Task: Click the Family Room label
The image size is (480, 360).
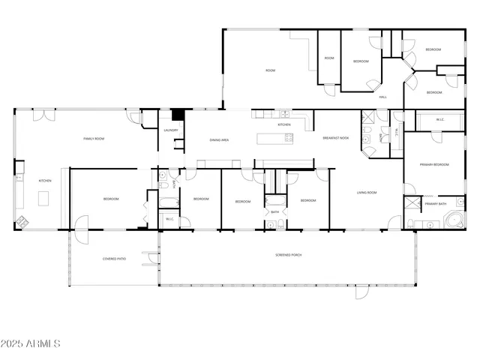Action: point(93,139)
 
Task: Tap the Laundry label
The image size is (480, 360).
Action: point(170,130)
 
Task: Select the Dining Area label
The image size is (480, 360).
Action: point(219,140)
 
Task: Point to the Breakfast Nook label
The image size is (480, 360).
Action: point(335,138)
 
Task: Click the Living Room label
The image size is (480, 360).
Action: point(367,193)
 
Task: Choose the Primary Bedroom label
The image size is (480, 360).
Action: point(433,164)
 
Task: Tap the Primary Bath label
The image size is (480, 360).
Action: point(435,203)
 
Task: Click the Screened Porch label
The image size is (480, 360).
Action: point(288,256)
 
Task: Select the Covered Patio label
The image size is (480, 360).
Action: point(114,259)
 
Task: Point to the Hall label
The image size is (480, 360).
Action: point(382,97)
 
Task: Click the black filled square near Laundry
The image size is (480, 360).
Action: point(178,115)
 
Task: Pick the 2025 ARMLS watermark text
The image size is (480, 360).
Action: point(31,343)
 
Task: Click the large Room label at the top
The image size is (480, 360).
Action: point(270,70)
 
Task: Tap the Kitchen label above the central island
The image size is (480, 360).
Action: point(284,124)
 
